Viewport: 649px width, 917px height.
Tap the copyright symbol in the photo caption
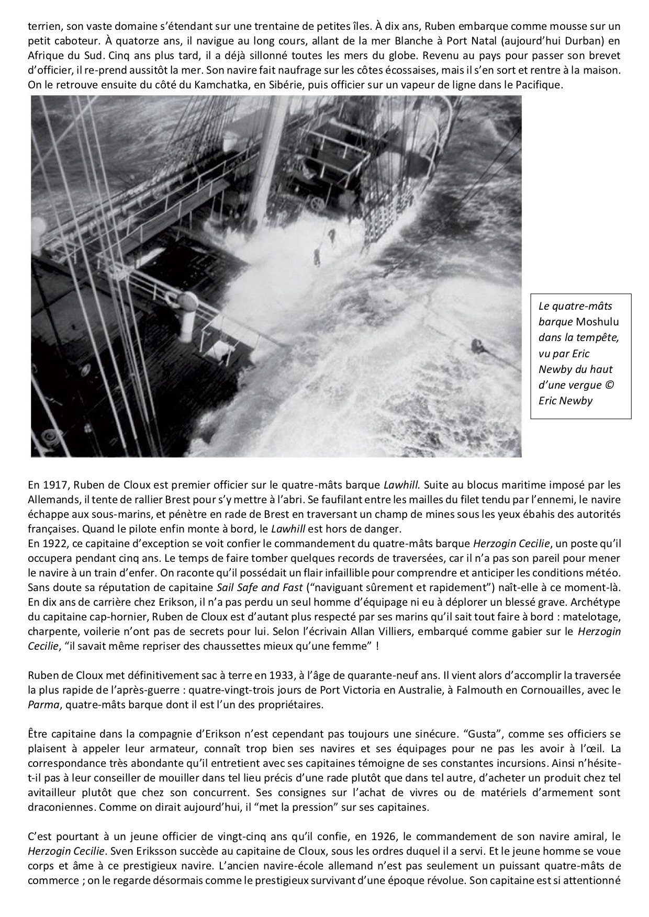pyautogui.click(x=611, y=384)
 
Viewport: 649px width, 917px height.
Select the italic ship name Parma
pyautogui.click(x=41, y=704)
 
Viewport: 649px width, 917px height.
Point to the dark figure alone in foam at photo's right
pyautogui.click(x=477, y=346)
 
